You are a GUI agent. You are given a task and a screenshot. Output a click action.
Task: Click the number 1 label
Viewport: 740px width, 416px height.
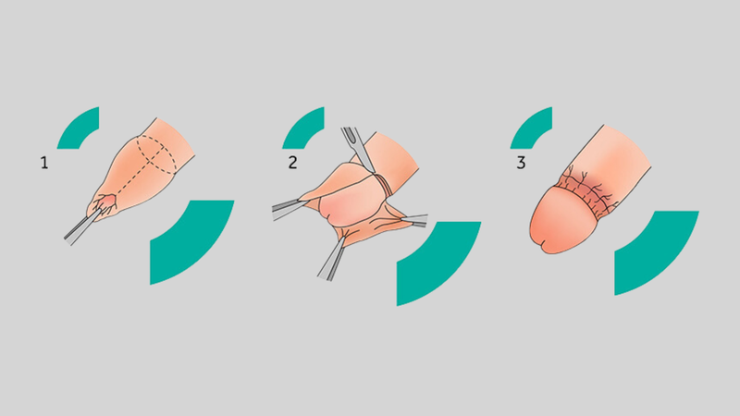click(44, 164)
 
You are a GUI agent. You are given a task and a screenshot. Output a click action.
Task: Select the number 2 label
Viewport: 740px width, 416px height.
click(292, 163)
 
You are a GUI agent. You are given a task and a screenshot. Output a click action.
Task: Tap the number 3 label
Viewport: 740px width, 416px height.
click(521, 163)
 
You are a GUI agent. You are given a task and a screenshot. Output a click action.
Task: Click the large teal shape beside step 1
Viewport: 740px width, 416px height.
click(193, 240)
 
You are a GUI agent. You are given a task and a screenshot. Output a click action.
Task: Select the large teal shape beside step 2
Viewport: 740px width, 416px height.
click(438, 262)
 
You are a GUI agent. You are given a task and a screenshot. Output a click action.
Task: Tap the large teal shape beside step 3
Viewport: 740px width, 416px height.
click(657, 251)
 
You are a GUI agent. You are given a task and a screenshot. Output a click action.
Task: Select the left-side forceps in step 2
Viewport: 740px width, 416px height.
click(288, 210)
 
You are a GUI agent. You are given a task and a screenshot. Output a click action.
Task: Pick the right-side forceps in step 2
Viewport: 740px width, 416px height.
click(415, 220)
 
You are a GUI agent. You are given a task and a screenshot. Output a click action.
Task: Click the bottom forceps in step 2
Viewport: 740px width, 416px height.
click(333, 260)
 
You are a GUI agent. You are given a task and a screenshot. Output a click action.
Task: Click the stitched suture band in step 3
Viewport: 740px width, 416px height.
click(590, 193)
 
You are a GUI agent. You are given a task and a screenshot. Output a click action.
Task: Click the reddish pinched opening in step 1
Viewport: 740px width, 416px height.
click(107, 202)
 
